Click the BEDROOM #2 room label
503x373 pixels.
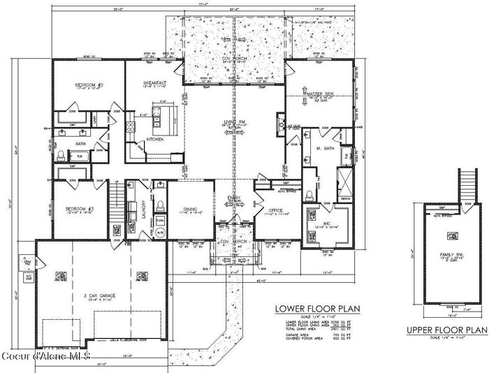89,85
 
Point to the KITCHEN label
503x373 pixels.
155,140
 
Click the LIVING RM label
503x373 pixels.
233,122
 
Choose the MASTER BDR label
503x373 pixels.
319,93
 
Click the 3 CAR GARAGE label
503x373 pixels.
98,296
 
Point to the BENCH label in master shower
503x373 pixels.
344,198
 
